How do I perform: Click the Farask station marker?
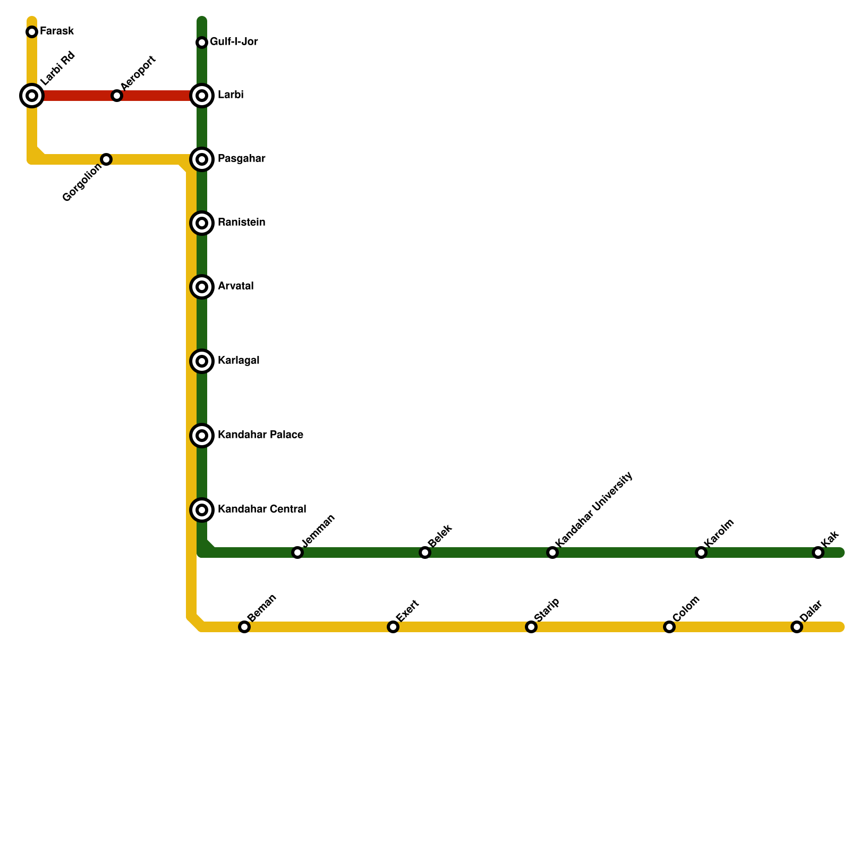pos(32,32)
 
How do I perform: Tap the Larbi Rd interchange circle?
pos(32,96)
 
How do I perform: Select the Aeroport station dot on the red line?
pos(117,96)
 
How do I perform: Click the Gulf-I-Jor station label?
pos(234,42)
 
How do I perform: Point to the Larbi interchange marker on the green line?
pos(202,96)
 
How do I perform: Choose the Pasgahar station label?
pos(241,159)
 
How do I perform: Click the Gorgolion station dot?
pos(106,159)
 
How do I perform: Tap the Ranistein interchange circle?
pos(202,223)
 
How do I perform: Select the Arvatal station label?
pos(235,286)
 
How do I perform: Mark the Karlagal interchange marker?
pos(202,361)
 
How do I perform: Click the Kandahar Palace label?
pos(260,435)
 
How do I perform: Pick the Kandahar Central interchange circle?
pos(202,510)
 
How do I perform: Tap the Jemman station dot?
pos(297,552)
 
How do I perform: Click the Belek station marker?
pos(425,552)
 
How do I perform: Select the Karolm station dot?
pos(701,552)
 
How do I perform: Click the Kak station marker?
pos(818,552)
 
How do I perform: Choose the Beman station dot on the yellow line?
pos(244,627)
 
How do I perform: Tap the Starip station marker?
pos(531,627)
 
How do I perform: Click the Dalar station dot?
pos(797,627)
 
